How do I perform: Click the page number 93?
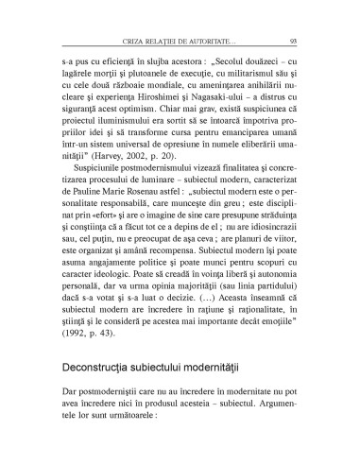pyautogui.click(x=294, y=42)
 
